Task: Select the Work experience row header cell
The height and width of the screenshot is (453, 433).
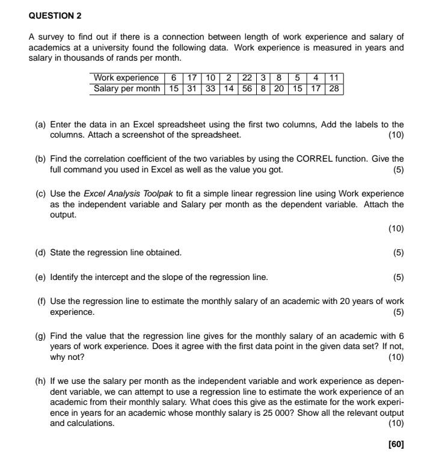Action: (126, 78)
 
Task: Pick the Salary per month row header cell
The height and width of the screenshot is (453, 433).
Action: (126, 88)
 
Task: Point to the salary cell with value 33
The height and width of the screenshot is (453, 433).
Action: (210, 88)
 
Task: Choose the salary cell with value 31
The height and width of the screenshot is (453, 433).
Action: (192, 88)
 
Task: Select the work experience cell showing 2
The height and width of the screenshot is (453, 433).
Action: (229, 78)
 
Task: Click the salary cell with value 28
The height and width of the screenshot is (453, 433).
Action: (334, 88)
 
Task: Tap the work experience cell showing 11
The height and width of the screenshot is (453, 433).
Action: (334, 78)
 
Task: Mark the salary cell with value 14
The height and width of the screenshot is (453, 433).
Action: (229, 88)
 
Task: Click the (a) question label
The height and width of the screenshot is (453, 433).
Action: (40, 125)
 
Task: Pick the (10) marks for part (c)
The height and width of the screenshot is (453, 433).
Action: (396, 228)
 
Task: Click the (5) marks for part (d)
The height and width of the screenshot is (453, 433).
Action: (398, 252)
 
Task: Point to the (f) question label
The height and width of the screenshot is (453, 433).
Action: (40, 302)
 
